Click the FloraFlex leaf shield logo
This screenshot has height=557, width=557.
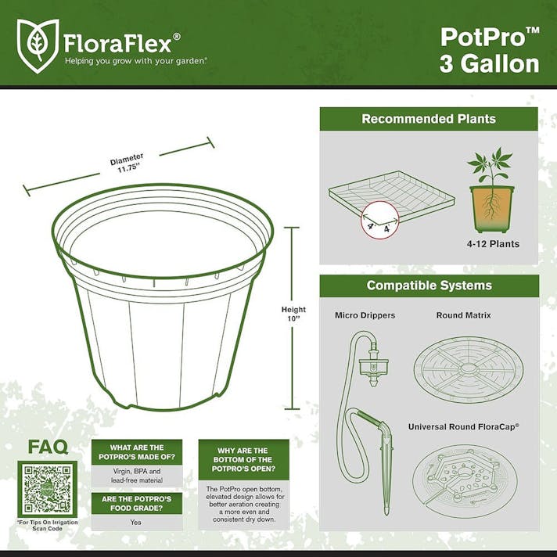(x=37, y=45)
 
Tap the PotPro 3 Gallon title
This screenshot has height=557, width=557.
(x=490, y=49)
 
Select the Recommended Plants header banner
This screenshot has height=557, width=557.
(x=428, y=119)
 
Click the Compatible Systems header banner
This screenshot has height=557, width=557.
(x=429, y=286)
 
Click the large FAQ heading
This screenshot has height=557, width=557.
(x=48, y=447)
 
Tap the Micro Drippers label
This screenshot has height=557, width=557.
(x=365, y=315)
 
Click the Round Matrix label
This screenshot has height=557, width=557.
(x=462, y=315)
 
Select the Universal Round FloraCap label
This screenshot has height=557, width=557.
(x=464, y=427)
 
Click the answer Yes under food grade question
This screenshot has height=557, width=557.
(x=135, y=522)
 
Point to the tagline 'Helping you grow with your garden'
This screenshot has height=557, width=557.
(x=135, y=60)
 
